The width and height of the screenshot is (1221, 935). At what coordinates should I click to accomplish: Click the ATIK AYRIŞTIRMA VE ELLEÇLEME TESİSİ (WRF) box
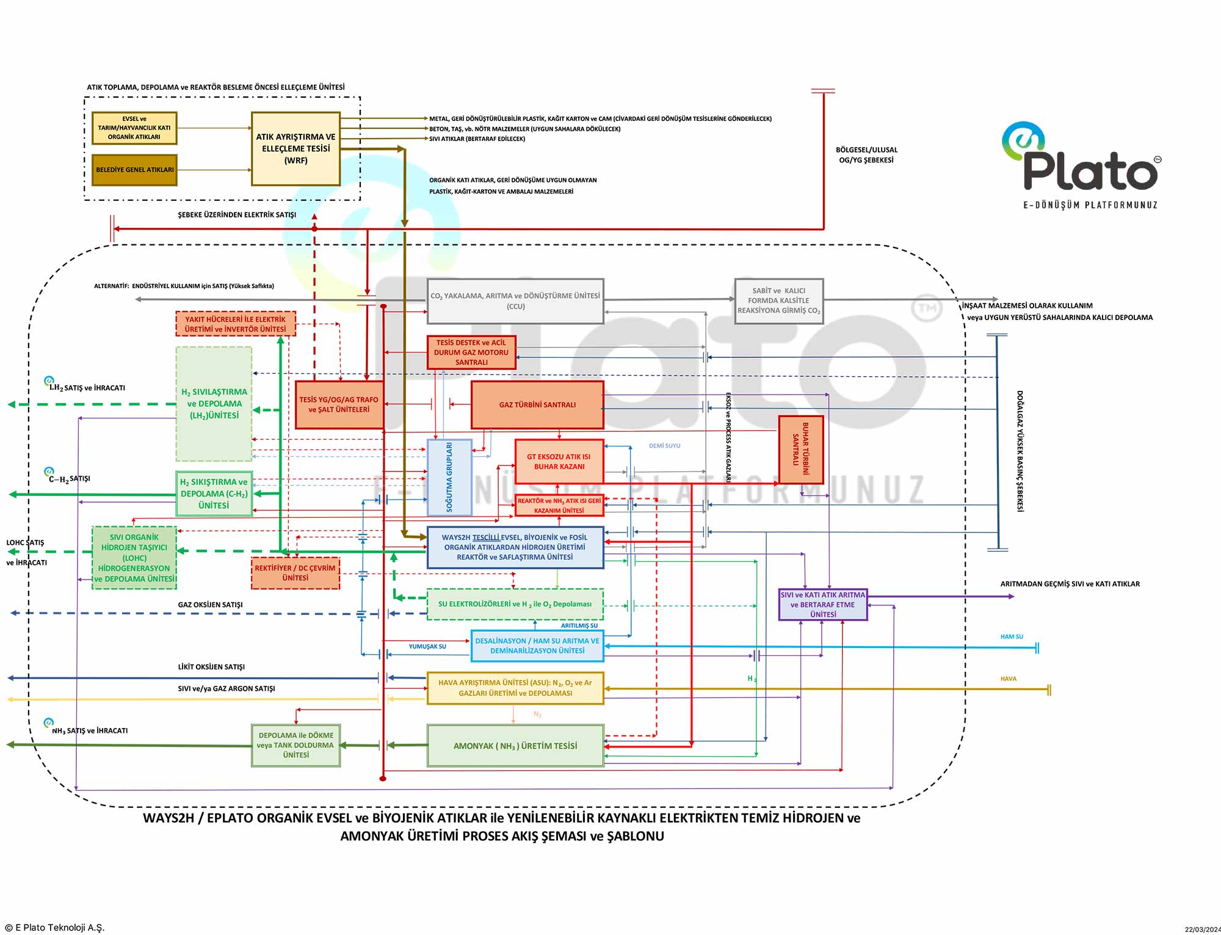tap(295, 148)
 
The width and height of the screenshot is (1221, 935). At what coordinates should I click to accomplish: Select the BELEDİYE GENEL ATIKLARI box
tap(134, 170)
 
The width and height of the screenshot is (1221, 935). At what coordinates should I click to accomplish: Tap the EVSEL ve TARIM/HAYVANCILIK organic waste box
tap(134, 128)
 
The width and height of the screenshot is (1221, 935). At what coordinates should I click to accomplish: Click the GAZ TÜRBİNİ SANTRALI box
tap(537, 404)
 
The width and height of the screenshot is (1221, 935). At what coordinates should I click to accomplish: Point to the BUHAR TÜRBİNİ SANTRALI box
tap(801, 449)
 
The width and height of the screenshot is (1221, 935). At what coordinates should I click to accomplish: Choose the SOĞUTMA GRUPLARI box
tap(449, 477)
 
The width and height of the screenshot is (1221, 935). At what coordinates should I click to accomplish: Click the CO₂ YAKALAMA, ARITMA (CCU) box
tap(515, 301)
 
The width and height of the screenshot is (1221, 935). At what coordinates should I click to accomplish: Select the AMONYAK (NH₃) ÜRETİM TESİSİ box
tap(515, 746)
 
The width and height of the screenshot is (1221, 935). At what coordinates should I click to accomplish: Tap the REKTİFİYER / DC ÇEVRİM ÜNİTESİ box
tap(295, 573)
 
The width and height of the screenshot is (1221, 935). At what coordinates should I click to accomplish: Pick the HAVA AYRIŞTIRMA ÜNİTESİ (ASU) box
tap(515, 688)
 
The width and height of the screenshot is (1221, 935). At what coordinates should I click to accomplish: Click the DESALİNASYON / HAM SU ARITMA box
tap(537, 646)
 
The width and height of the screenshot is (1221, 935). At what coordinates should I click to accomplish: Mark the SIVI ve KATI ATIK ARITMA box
tap(823, 605)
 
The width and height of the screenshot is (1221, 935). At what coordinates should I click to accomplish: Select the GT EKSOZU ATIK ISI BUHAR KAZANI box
tap(559, 461)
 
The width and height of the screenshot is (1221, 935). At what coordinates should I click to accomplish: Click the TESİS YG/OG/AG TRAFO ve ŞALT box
tap(339, 404)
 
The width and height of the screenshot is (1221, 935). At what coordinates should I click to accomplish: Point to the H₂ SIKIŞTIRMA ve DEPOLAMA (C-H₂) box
tap(214, 493)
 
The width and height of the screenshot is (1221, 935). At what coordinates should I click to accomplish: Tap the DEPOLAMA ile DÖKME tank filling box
tap(295, 745)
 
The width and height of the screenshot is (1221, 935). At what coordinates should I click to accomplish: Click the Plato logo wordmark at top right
tap(1090, 170)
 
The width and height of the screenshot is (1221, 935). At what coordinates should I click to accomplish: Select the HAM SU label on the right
tap(1012, 636)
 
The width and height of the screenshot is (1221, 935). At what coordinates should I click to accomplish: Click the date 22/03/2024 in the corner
tap(1202, 930)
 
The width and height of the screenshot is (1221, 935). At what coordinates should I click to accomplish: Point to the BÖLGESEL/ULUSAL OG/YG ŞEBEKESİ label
tap(866, 155)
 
